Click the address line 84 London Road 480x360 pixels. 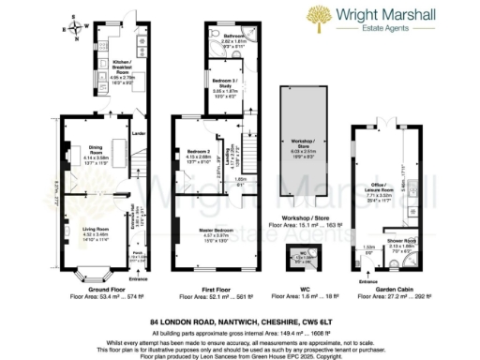pyautogui.click(x=240, y=322)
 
